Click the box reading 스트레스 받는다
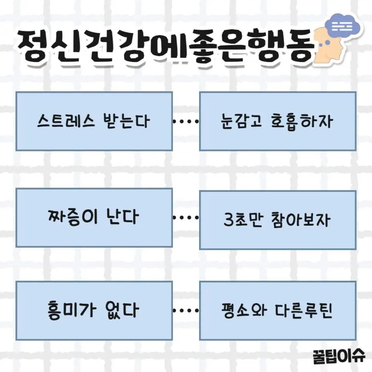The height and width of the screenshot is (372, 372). coord(94,121)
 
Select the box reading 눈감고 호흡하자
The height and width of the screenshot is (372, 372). coord(278,121)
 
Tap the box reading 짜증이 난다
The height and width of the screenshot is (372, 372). coord(94,218)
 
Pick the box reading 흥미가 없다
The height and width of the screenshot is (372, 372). coord(94,310)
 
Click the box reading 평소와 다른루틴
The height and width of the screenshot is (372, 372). coord(278,310)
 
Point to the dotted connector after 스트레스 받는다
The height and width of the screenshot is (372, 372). coord(186,122)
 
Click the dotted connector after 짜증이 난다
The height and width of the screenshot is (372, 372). coord(186,218)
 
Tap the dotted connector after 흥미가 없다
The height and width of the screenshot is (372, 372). coord(186,310)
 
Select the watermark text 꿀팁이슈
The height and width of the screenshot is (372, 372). coord(339,355)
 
